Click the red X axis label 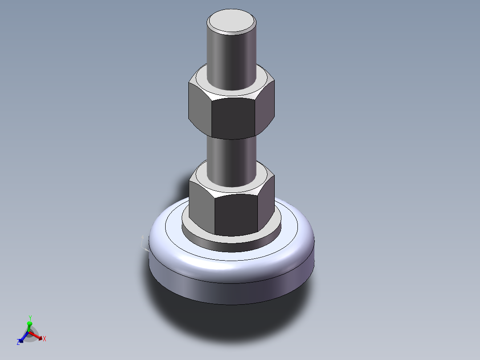45,339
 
